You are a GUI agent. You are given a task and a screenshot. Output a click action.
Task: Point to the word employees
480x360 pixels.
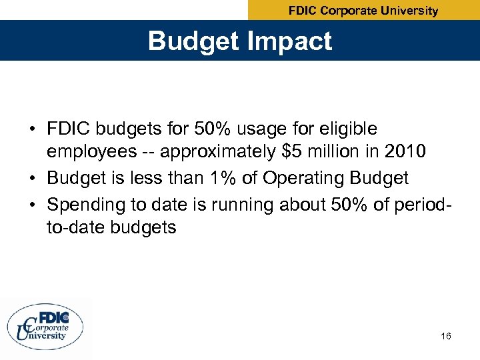tap(91, 152)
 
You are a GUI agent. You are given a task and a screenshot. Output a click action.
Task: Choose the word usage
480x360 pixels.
tap(257, 128)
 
